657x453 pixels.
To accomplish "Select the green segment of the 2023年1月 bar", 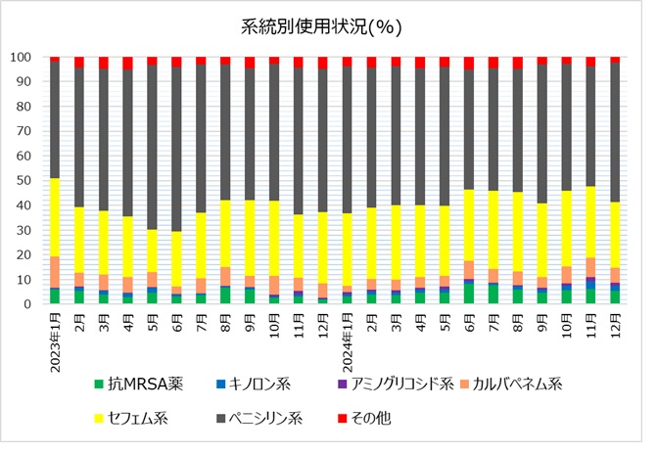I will [x=55, y=295].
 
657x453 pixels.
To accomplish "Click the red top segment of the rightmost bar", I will [x=615, y=60].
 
